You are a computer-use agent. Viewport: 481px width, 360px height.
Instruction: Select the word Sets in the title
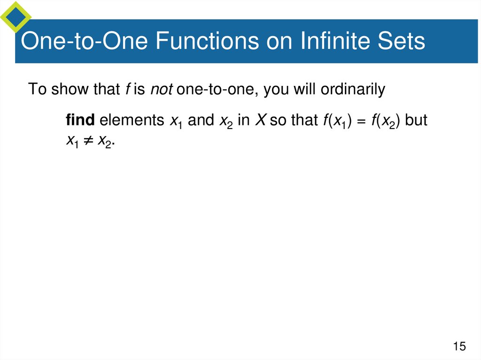tap(402, 41)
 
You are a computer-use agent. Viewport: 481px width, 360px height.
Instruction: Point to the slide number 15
tap(459, 347)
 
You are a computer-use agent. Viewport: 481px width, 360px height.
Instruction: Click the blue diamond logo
tap(16, 16)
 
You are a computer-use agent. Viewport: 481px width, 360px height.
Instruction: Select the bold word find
tap(81, 120)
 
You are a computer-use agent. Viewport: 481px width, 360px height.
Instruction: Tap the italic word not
tap(162, 89)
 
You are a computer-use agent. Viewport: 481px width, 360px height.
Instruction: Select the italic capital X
tap(260, 120)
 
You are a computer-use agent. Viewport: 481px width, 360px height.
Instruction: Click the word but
tap(416, 120)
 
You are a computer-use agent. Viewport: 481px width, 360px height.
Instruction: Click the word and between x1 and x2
tap(201, 120)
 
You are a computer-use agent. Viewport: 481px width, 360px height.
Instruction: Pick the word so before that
tap(278, 120)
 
